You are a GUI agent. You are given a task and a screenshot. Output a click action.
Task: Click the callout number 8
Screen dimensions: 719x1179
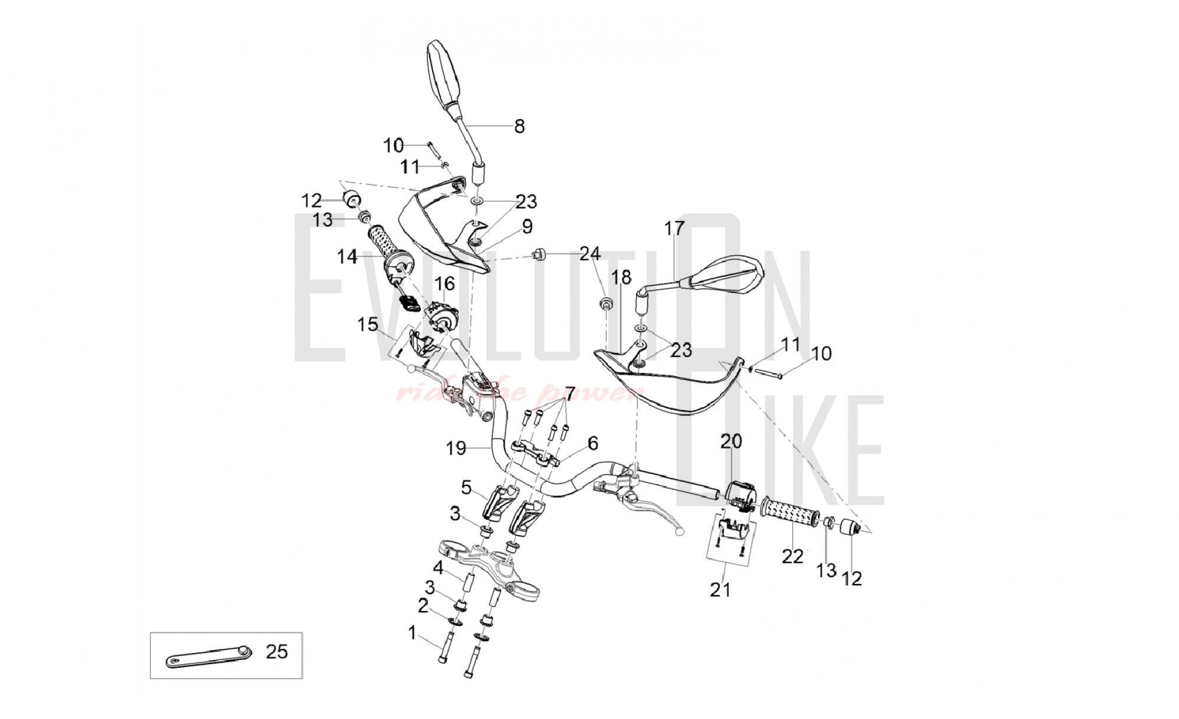[x=519, y=126]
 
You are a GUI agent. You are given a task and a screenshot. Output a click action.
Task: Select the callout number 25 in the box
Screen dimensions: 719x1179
[x=276, y=652]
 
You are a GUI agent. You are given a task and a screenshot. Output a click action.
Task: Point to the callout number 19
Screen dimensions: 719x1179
[x=456, y=448]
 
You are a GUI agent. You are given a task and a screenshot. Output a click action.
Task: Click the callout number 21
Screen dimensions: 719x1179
[x=720, y=589]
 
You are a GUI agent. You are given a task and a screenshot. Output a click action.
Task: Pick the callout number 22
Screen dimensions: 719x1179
[x=793, y=556]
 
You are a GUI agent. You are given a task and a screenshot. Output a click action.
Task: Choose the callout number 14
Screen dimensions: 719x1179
[x=347, y=257]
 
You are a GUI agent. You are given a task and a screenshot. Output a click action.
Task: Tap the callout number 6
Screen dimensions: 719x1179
[x=592, y=443]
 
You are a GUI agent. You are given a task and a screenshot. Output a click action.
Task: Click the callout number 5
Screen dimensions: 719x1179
[x=466, y=487]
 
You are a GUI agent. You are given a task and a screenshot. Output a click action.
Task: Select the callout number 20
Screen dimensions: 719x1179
[x=731, y=441]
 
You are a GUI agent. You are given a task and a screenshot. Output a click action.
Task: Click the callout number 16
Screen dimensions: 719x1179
[x=445, y=284]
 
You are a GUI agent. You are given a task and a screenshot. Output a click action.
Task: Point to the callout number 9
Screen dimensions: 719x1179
[x=526, y=226]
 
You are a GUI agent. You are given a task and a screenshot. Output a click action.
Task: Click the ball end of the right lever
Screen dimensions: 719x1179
[x=681, y=532]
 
